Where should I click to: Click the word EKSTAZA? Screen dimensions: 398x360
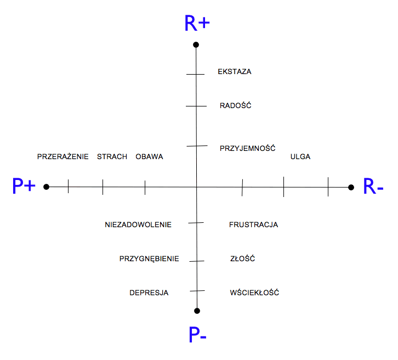point(235,71)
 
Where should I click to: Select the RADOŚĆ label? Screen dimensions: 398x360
point(235,105)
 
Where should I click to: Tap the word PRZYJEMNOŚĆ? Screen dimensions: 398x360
point(247,148)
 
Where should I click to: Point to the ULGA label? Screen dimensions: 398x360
point(300,156)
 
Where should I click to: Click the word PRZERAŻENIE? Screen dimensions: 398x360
point(63,156)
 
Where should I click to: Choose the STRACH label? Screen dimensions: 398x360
point(112,156)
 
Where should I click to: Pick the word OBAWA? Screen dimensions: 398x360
point(149,156)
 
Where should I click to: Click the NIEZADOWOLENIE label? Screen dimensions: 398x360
point(138,224)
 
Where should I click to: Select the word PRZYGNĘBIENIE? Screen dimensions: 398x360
point(149,258)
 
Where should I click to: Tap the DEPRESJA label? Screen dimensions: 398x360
point(149,292)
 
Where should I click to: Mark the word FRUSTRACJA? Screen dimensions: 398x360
point(253,224)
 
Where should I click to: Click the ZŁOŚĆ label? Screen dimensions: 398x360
point(243,258)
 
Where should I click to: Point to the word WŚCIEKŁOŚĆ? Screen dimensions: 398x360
point(254,292)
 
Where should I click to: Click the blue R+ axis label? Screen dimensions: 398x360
point(198,24)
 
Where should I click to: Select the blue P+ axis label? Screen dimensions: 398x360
point(24,187)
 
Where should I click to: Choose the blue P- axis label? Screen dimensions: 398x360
point(197,335)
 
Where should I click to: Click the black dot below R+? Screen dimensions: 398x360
point(196,44)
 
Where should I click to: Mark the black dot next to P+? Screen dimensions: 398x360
point(47,187)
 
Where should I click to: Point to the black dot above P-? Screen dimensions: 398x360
point(197,311)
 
